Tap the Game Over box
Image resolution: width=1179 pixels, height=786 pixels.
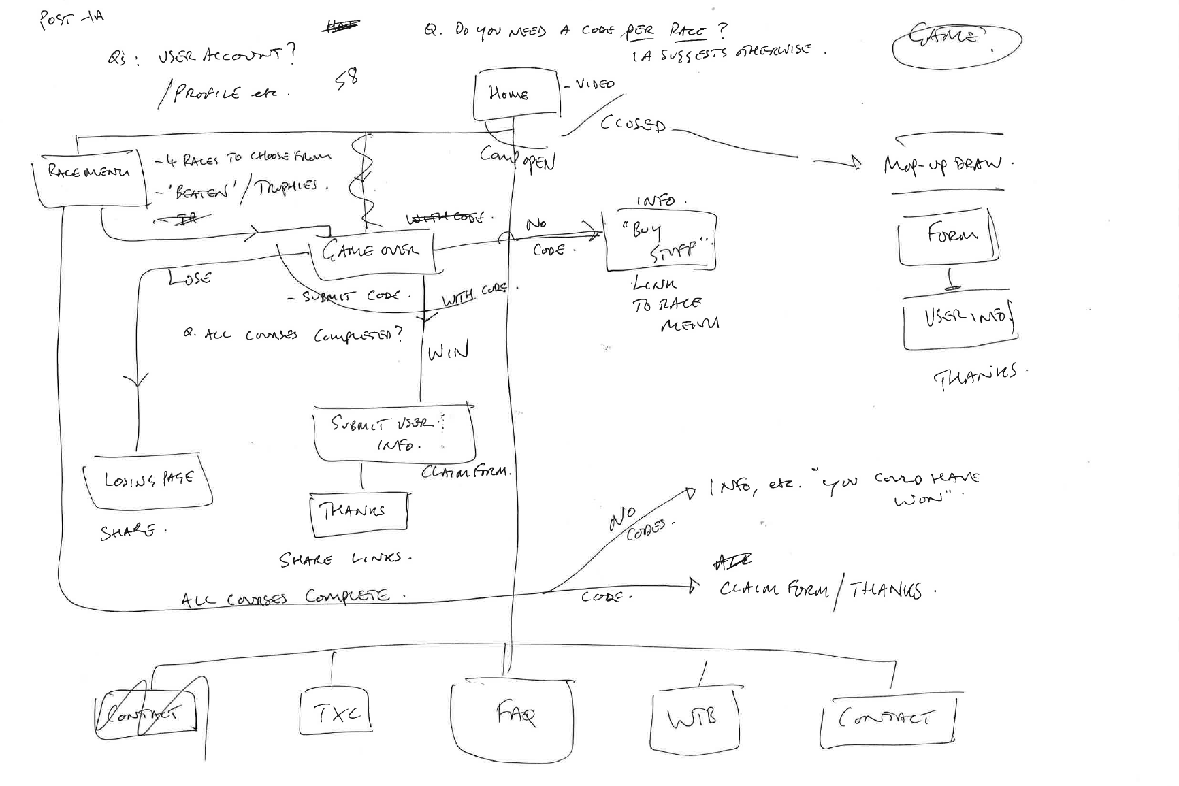tap(371, 252)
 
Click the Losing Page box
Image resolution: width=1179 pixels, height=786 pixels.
tap(148, 482)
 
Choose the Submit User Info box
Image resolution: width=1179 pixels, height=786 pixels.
tap(393, 434)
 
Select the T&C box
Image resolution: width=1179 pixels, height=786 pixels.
tap(336, 713)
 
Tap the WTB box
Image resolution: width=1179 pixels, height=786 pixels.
tap(694, 719)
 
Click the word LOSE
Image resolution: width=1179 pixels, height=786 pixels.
tap(190, 277)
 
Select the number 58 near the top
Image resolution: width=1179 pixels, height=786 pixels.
tap(346, 78)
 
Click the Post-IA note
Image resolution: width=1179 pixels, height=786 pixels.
tap(71, 18)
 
